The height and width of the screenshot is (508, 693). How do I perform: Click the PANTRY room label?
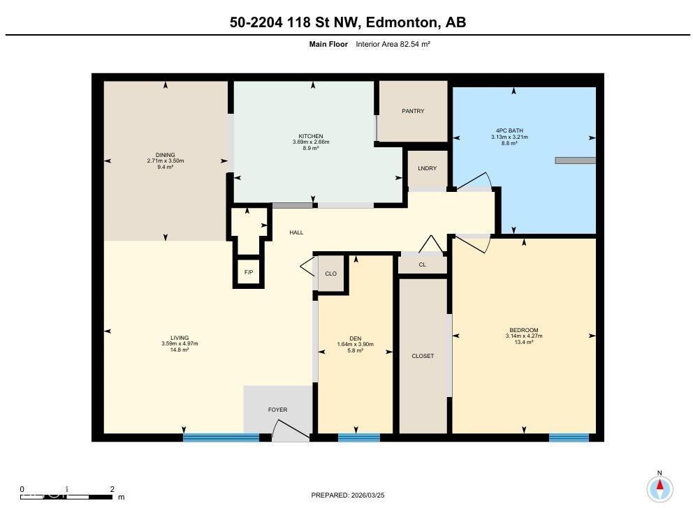tap(413, 111)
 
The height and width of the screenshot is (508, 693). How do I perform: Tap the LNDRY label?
tap(427, 168)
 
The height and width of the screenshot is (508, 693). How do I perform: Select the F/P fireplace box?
tap(249, 272)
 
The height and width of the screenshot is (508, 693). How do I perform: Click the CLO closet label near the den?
tap(331, 274)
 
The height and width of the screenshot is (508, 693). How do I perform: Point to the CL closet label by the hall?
tap(423, 264)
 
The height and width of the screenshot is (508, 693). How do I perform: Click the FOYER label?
tap(277, 410)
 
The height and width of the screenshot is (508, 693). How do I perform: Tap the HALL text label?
tap(296, 232)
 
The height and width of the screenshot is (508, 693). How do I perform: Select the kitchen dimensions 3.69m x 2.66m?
tap(311, 142)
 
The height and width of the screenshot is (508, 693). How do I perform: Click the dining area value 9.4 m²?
tap(166, 167)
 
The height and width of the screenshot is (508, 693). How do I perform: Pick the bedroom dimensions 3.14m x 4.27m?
tap(524, 336)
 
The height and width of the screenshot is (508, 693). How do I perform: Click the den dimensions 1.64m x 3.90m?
tap(356, 344)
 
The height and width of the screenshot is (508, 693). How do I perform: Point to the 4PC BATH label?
tap(509, 130)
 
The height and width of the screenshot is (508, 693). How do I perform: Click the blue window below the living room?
tap(221, 438)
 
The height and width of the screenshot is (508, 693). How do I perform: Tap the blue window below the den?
tap(358, 438)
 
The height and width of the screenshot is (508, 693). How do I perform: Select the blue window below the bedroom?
tap(568, 438)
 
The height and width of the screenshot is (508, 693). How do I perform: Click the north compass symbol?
tap(659, 487)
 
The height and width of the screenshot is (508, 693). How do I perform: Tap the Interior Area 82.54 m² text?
tap(393, 44)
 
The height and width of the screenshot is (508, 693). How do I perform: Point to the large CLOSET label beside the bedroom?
tap(423, 356)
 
